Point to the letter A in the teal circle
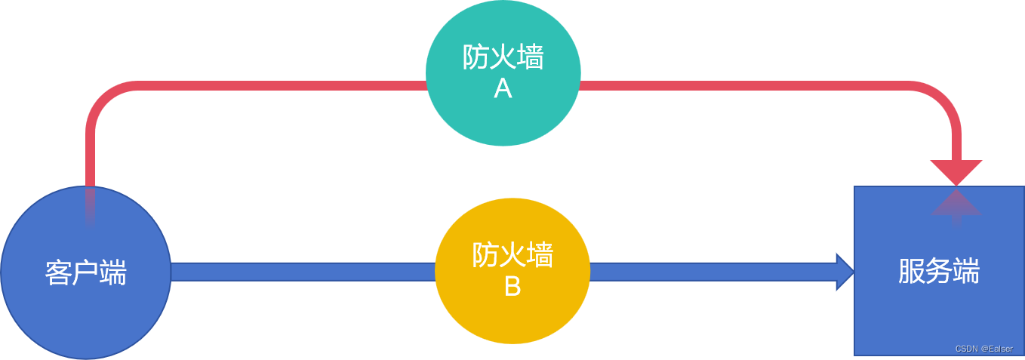[503, 90]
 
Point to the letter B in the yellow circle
[512, 287]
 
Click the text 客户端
[85, 272]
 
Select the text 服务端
[939, 272]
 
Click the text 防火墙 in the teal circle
[503, 57]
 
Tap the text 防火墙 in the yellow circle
[512, 255]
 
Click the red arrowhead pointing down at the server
[956, 172]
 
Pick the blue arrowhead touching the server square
[844, 272]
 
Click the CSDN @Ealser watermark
[983, 349]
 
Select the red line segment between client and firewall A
[279, 85]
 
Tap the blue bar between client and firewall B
[302, 272]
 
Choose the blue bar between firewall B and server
[709, 272]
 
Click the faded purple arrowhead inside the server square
[956, 205]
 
